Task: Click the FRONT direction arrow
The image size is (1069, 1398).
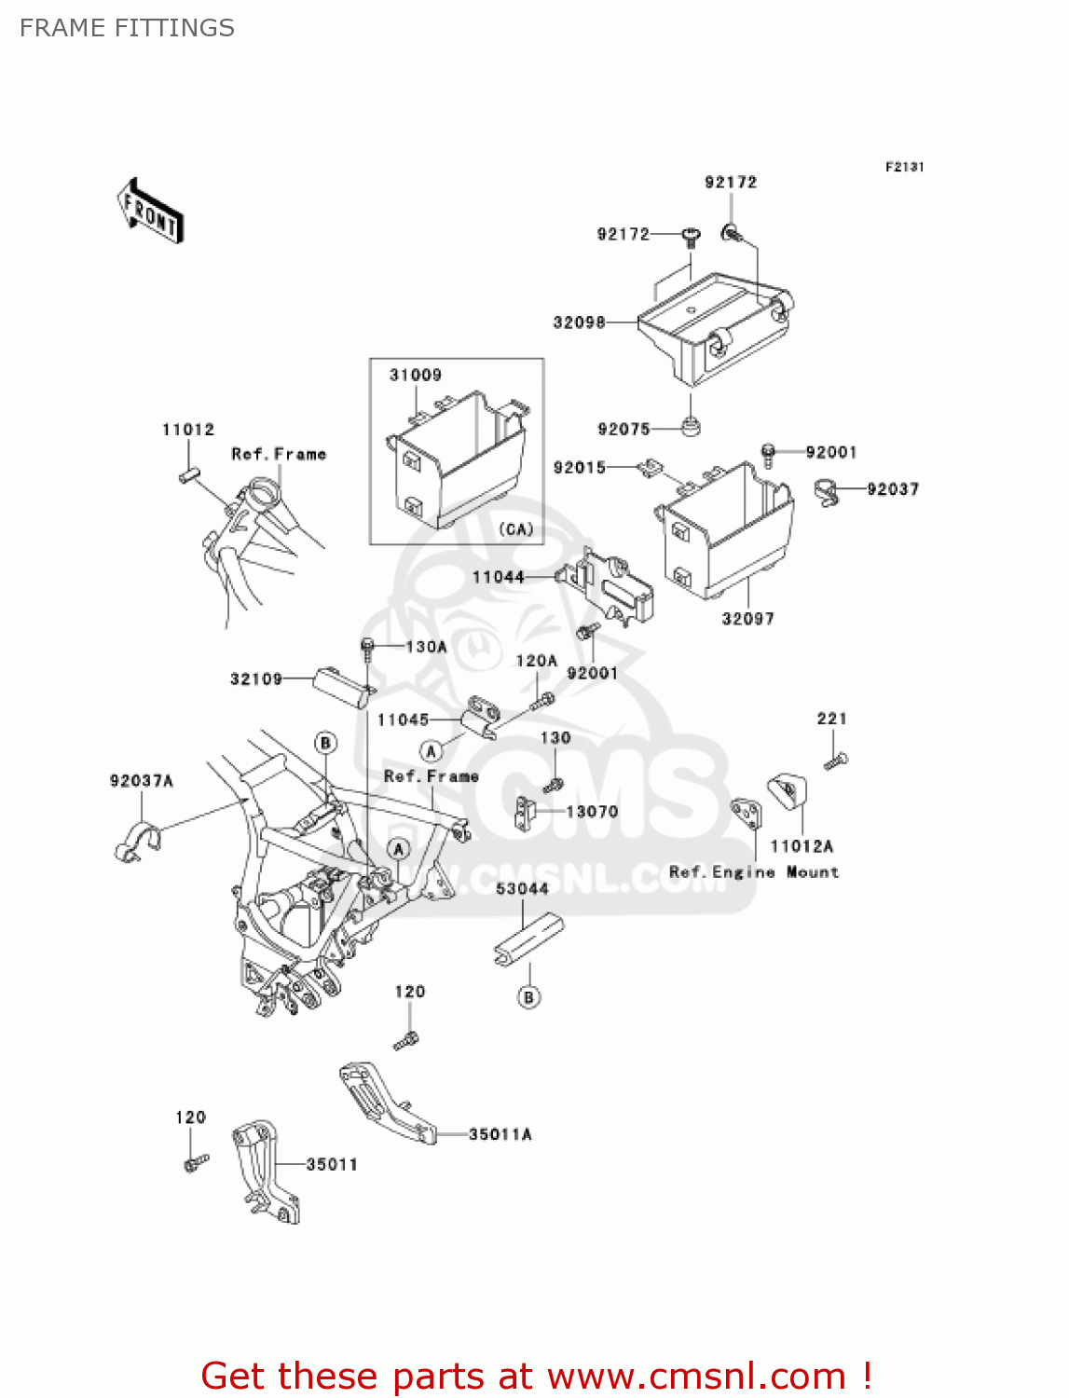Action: click(x=150, y=212)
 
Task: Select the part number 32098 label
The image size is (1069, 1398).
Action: click(x=579, y=322)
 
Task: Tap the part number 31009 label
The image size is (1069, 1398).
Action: click(x=415, y=375)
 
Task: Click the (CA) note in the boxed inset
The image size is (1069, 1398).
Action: click(x=515, y=529)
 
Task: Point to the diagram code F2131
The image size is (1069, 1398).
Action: click(x=904, y=167)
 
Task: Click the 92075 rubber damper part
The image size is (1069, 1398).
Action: click(x=691, y=427)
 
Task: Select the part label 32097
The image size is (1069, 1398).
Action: click(x=747, y=619)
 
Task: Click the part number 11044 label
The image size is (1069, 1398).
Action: click(x=498, y=578)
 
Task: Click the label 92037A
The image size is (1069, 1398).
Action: click(x=142, y=781)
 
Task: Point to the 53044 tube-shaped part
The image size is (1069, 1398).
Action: click(x=528, y=940)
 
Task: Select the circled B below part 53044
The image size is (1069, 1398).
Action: click(x=528, y=997)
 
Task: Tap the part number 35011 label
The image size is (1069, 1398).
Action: click(x=332, y=1164)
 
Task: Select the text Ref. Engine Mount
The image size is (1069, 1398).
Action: click(x=754, y=872)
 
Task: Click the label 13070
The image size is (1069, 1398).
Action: click(x=592, y=812)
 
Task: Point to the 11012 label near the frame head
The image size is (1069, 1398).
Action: click(x=188, y=430)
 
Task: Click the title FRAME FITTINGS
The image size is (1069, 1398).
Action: click(x=127, y=28)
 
